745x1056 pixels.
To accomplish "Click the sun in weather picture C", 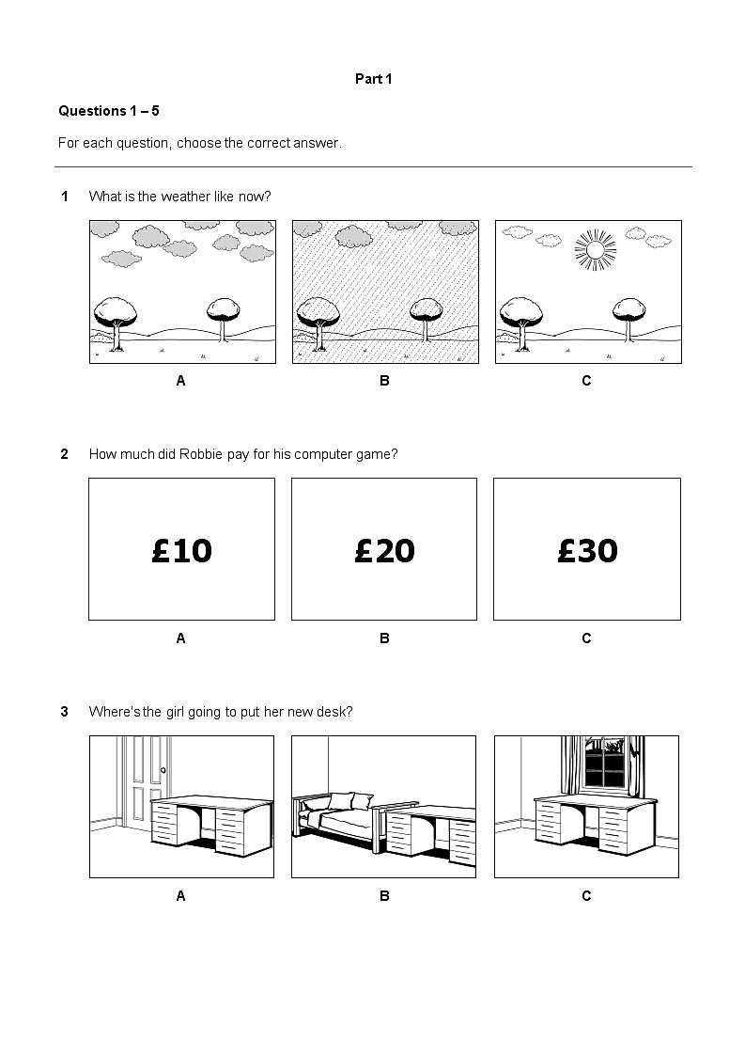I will click(x=594, y=250).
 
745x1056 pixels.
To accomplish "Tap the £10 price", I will click(x=181, y=550).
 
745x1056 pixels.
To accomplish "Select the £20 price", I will click(x=384, y=550).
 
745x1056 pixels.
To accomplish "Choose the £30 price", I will click(x=587, y=550).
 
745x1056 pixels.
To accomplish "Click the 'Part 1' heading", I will click(x=373, y=79).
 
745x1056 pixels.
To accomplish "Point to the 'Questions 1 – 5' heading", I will click(x=109, y=111).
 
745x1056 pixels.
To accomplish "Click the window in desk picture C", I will click(x=605, y=764).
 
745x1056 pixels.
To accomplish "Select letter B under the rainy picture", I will click(x=384, y=381).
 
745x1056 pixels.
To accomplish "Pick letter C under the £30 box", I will click(x=586, y=638).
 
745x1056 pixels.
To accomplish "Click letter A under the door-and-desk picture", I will click(x=180, y=896).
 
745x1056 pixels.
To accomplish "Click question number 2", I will click(x=65, y=454).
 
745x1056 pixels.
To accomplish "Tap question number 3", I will click(x=65, y=712).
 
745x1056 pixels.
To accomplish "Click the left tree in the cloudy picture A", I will click(x=116, y=315).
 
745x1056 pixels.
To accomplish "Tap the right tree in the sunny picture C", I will click(x=629, y=315).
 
